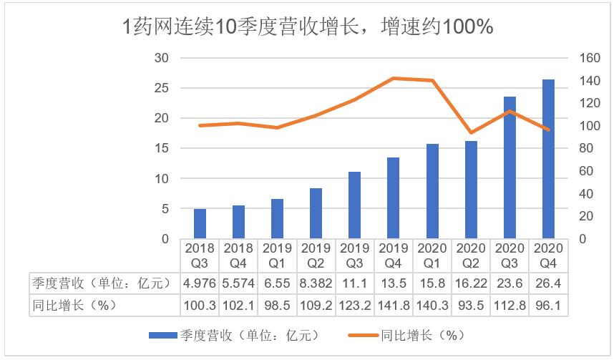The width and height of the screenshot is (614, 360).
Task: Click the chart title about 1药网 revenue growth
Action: (308, 26)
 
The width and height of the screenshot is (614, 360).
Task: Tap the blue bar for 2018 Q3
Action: (200, 223)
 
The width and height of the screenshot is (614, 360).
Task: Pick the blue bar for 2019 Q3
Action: (355, 205)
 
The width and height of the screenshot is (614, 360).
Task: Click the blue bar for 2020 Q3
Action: (510, 167)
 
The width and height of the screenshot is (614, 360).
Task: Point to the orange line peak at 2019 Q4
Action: (394, 79)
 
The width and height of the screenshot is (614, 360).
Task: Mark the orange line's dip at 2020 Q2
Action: (471, 132)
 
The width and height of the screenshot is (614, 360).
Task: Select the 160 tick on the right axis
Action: (588, 58)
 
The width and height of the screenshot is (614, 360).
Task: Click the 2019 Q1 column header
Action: (278, 255)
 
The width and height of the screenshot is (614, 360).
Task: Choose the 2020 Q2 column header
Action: (471, 255)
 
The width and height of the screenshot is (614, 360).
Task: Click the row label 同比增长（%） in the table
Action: (73, 305)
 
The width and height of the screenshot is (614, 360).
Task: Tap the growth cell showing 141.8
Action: (394, 305)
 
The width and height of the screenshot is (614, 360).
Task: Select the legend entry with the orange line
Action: (408, 334)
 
